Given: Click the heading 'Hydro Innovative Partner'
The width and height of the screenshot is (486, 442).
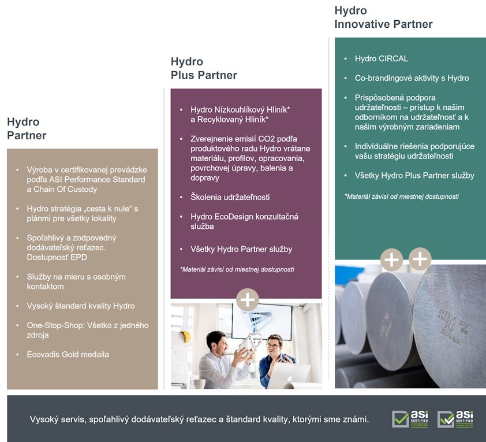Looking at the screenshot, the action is [x=383, y=17].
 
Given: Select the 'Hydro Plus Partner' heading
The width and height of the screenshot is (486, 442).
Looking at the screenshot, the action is [x=204, y=68].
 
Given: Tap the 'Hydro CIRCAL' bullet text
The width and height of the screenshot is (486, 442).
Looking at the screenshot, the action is [x=381, y=58].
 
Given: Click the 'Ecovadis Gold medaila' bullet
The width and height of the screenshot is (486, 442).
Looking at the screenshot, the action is [x=68, y=354].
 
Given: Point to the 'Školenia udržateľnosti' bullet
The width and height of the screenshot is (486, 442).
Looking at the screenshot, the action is [x=230, y=197].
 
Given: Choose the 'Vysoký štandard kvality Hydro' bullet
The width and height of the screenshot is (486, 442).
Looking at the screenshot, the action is [x=81, y=306].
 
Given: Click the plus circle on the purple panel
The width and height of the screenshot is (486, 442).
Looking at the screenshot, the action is [x=248, y=300].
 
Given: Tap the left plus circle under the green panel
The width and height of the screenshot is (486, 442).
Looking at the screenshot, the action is [x=391, y=259].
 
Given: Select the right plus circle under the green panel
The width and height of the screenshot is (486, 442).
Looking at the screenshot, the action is [x=420, y=259].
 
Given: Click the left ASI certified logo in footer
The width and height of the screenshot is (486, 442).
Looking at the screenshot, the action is [x=410, y=419].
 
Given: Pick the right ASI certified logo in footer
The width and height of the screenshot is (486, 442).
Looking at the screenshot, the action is [x=455, y=419].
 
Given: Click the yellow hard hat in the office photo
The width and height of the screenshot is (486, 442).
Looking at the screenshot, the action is [x=185, y=336].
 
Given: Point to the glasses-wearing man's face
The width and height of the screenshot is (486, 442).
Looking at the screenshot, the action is [x=274, y=347].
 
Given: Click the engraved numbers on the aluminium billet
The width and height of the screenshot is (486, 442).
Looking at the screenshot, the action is [x=453, y=326].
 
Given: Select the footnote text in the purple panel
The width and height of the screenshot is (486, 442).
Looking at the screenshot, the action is [x=237, y=269].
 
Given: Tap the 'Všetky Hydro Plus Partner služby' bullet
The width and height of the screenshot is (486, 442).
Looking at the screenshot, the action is [x=414, y=176].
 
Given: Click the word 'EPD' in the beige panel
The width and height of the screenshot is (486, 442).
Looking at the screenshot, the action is [x=78, y=257].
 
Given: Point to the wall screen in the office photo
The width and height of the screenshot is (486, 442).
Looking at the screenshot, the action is [x=262, y=321].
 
